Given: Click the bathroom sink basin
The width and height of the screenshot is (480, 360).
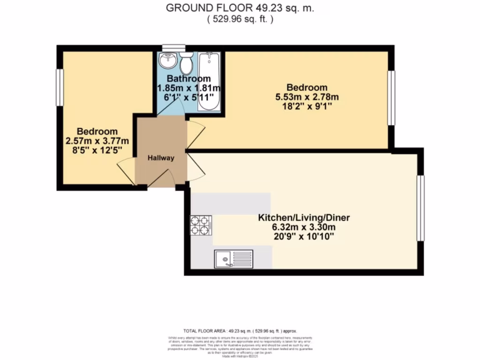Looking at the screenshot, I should [x=167, y=60].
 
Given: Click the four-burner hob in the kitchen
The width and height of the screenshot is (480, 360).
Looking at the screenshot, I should [x=200, y=225].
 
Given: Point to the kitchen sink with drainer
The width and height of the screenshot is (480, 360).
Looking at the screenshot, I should [x=233, y=259].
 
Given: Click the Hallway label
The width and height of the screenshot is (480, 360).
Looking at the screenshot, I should [x=161, y=158].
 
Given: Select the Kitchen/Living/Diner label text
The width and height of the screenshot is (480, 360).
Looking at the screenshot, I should [x=305, y=218].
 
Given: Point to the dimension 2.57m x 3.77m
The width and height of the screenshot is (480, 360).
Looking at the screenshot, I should [x=97, y=141].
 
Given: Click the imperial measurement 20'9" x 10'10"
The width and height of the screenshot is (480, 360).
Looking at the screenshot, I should [x=305, y=237].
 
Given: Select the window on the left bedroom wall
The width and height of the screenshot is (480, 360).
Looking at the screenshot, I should [x=60, y=87].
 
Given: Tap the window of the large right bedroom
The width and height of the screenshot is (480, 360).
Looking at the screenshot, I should [x=391, y=97].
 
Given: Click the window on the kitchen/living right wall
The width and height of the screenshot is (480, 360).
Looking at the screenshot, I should [x=420, y=208].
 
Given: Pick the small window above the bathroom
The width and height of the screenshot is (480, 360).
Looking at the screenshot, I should [x=173, y=47].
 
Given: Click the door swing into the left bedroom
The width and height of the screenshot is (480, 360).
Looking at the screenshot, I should [x=126, y=170].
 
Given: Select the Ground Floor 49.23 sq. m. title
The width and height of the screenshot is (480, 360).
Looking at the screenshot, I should [x=240, y=8].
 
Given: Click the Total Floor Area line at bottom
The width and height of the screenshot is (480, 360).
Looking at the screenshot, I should [x=240, y=330].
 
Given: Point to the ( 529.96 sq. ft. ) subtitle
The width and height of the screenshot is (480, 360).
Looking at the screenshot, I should [x=240, y=19].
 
